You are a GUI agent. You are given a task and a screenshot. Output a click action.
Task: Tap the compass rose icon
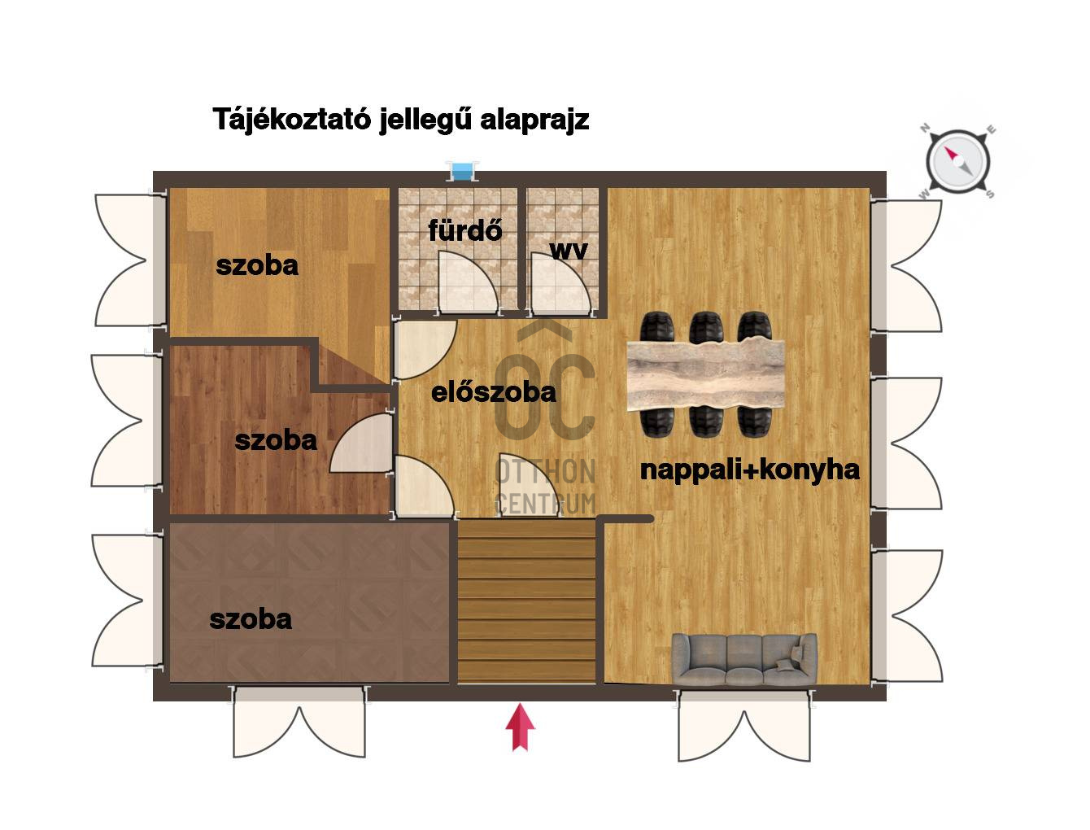(x=957, y=161)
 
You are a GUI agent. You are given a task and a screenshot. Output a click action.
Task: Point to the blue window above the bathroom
(x=461, y=172)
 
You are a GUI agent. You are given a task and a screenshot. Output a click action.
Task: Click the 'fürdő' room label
(x=465, y=230)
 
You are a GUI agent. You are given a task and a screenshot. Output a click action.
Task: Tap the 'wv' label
(x=569, y=250)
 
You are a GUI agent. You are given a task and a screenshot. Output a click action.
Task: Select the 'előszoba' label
(x=494, y=392)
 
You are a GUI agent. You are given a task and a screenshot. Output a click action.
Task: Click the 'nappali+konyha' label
(x=750, y=470)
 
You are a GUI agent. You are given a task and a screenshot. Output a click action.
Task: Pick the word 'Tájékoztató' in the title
(x=292, y=119)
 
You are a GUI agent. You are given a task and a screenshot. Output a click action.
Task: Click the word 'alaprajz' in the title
(x=534, y=120)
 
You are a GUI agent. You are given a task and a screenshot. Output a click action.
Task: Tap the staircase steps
(x=526, y=601)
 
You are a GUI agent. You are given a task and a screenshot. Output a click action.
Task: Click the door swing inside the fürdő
(x=467, y=282)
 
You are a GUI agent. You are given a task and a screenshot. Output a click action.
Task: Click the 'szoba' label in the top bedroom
(x=257, y=265)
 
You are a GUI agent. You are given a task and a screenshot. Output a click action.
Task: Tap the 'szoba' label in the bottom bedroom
(x=251, y=619)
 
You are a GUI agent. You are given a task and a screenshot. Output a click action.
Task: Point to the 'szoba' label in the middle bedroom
(x=276, y=440)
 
